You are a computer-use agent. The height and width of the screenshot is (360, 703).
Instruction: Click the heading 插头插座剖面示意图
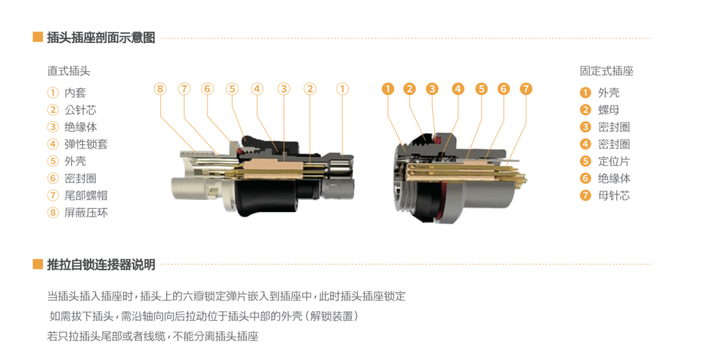101,37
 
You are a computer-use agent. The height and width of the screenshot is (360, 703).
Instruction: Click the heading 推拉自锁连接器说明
101,264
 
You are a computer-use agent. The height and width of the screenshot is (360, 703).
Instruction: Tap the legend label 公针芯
80,110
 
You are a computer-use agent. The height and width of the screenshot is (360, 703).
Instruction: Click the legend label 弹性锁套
86,144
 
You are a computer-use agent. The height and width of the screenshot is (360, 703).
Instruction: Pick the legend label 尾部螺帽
86,195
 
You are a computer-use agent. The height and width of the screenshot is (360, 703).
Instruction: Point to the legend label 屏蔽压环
86,212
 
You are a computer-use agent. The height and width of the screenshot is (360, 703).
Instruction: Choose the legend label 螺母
609,110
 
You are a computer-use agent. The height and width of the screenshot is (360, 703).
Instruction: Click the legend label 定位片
614,161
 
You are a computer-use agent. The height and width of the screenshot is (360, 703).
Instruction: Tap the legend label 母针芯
614,195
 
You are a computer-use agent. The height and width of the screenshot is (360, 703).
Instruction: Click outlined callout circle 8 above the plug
160,89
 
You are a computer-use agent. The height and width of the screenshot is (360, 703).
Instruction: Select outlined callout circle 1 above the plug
342,89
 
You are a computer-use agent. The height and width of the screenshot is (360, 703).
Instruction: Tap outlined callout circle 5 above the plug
232,89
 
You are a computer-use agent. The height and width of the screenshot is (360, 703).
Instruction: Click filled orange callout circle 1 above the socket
388,89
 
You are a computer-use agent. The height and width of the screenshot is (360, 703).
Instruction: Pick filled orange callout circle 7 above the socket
526,89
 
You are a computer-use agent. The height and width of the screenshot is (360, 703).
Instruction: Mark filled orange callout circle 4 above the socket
458,89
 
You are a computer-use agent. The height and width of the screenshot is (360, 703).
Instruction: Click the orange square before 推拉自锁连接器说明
38,264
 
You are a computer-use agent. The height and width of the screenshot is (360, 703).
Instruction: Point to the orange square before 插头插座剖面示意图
38,37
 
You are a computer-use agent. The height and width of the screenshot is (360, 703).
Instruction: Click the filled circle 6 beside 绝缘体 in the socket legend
586,178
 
